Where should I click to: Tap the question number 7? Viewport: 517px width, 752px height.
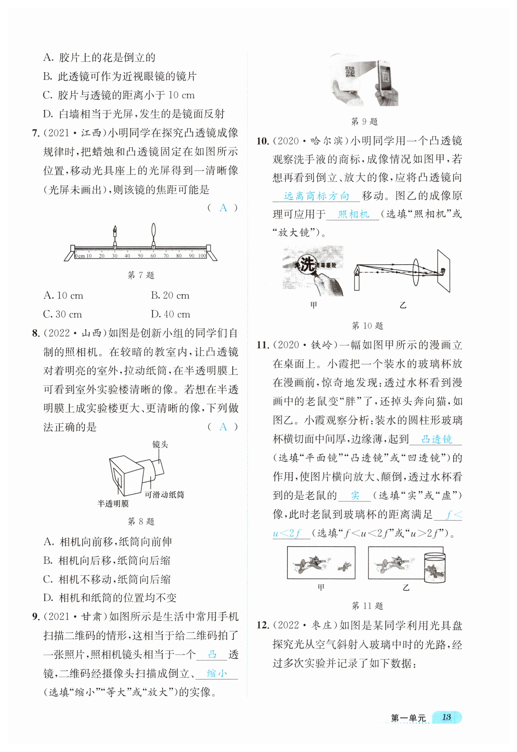coord(36,133)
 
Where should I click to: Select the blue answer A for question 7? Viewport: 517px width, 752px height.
coord(223,208)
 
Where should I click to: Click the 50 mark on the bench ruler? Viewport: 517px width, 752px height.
coord(140,256)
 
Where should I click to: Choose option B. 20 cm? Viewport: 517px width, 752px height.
coord(170,296)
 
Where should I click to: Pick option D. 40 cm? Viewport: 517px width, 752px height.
coord(170,314)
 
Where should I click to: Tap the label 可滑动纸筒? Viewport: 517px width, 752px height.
coord(164,495)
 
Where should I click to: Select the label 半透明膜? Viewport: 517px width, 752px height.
coord(113,504)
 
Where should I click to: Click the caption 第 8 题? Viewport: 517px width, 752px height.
coord(141,521)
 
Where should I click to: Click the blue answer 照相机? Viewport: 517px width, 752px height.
coord(353,214)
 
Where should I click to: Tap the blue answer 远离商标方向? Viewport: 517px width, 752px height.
coord(316,196)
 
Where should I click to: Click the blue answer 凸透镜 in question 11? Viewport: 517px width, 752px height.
coord(436,439)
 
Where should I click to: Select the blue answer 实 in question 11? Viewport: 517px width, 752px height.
coord(355,495)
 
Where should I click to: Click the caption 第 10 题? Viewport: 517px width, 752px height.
coord(367,326)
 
